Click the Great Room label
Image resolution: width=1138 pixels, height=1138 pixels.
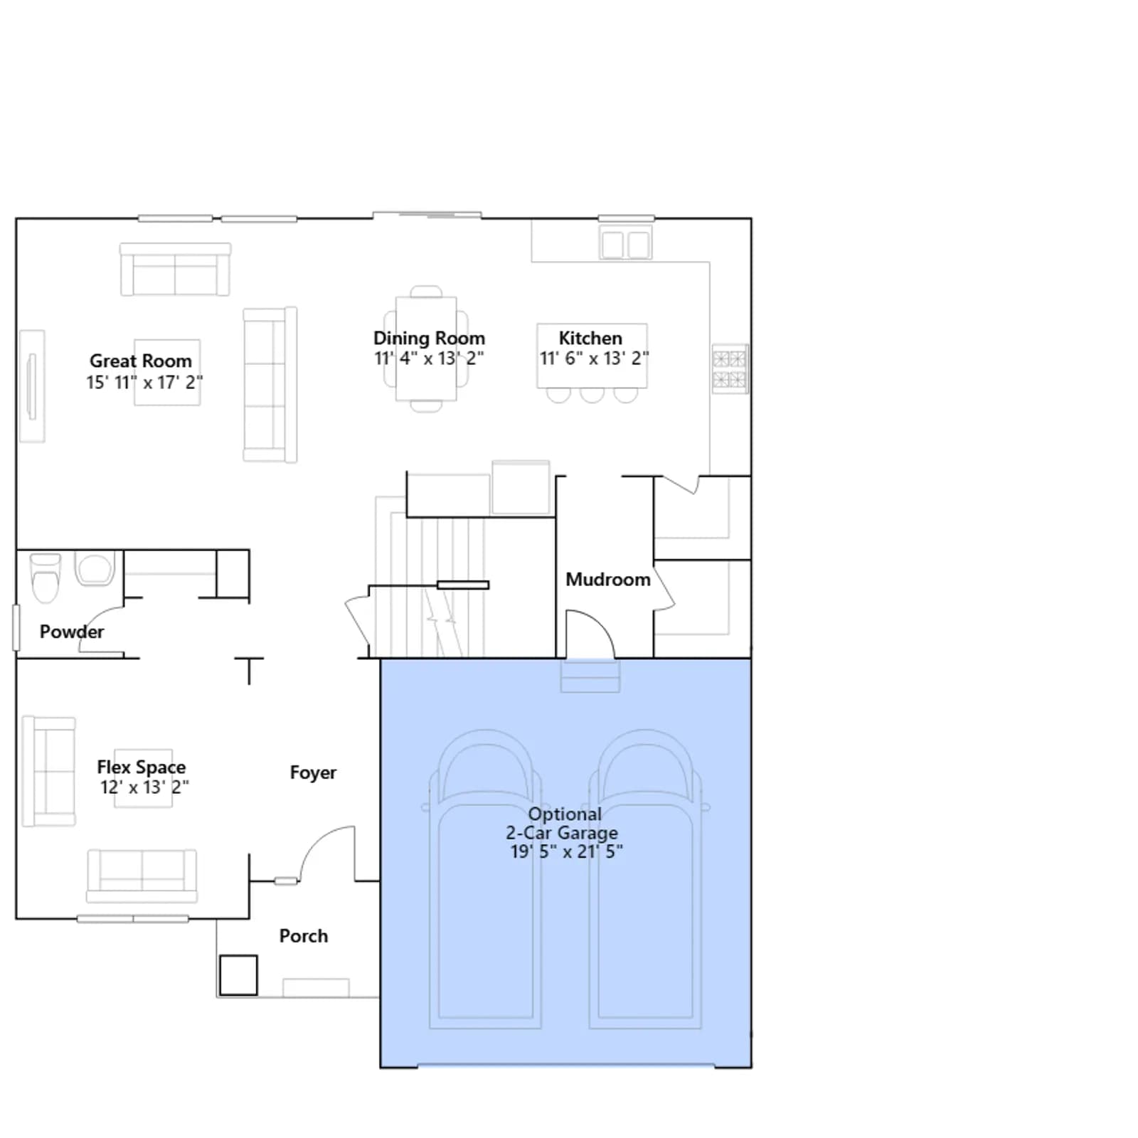[141, 361]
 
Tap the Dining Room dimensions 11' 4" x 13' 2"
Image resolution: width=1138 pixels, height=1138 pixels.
[430, 358]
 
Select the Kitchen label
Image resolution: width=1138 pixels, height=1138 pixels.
[590, 338]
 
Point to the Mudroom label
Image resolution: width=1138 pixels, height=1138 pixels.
[608, 580]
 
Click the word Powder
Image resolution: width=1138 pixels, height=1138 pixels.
[72, 632]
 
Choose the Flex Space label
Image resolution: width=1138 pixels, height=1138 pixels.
[142, 767]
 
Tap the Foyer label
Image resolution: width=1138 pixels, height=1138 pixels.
[313, 772]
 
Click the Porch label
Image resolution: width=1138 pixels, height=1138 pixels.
[304, 936]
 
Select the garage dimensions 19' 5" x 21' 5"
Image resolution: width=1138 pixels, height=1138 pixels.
[567, 851]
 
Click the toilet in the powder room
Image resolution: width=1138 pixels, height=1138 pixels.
[46, 578]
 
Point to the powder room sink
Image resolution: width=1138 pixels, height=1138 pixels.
[95, 569]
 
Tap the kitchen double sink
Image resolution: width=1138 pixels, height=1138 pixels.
[625, 243]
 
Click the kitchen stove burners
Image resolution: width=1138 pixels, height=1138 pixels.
[730, 369]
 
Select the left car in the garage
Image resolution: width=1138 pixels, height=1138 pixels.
[485, 880]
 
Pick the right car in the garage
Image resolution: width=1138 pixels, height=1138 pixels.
[645, 880]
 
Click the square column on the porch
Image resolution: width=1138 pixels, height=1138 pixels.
[238, 975]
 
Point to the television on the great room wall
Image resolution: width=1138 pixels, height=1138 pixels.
[31, 386]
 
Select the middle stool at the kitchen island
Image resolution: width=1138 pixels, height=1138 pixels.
[592, 395]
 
